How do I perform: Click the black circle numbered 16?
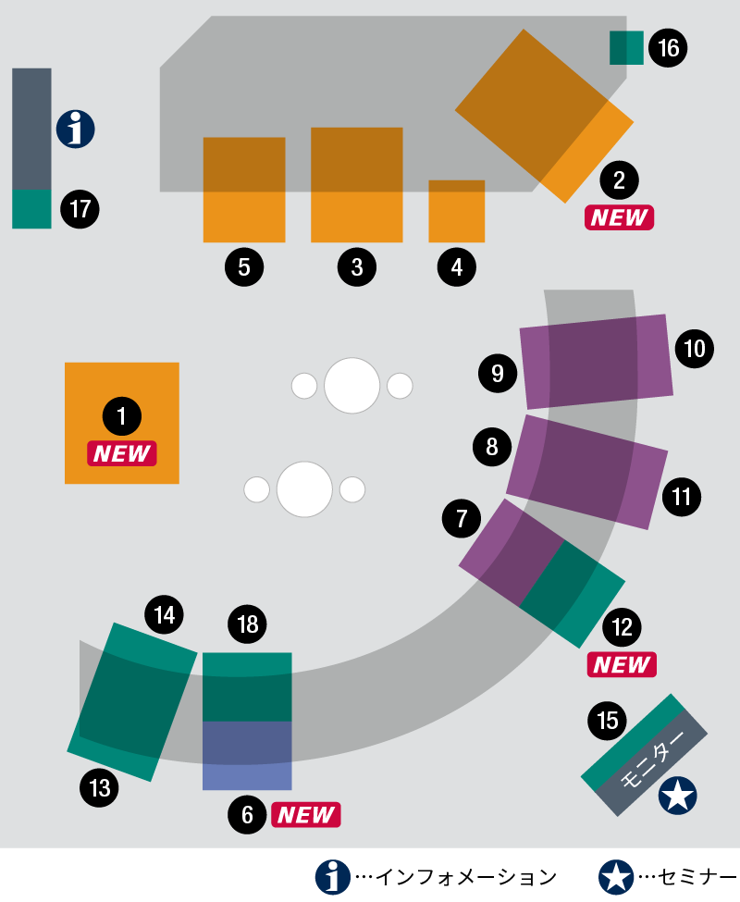click(668, 48)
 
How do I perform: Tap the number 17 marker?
click(80, 209)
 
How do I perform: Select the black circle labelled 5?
click(244, 267)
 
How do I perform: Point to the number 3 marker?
click(357, 267)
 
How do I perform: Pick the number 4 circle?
click(457, 267)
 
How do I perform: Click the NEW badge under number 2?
click(619, 217)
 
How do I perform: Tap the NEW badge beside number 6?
click(306, 814)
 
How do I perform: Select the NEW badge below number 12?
click(622, 664)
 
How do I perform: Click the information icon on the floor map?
click(75, 129)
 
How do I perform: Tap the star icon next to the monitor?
click(678, 796)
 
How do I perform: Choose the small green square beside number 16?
click(626, 48)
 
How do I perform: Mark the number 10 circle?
click(695, 349)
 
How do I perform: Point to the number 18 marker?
click(247, 624)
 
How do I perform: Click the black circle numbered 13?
click(100, 787)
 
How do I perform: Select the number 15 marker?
click(608, 721)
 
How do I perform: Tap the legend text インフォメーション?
click(466, 877)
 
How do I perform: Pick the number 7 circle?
click(462, 518)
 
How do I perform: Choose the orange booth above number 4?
click(457, 211)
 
